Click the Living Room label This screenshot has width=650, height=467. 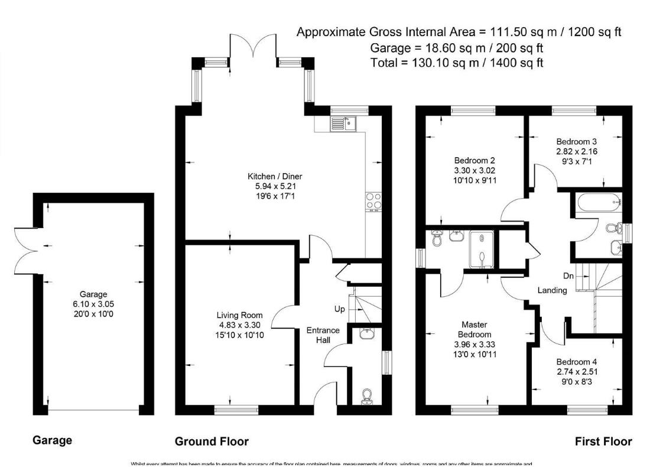pyautogui.click(x=239, y=315)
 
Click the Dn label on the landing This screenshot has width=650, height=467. pyautogui.click(x=567, y=275)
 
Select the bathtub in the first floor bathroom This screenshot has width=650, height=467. pyautogui.click(x=597, y=204)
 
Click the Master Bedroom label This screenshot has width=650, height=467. pyautogui.click(x=476, y=329)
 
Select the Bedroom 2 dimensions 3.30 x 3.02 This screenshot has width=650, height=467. pyautogui.click(x=475, y=170)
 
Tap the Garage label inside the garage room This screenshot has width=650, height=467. pyautogui.click(x=93, y=294)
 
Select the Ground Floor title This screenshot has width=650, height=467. pyautogui.click(x=212, y=441)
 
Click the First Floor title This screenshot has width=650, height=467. pyautogui.click(x=603, y=441)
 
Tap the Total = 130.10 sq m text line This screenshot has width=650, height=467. pyautogui.click(x=456, y=62)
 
